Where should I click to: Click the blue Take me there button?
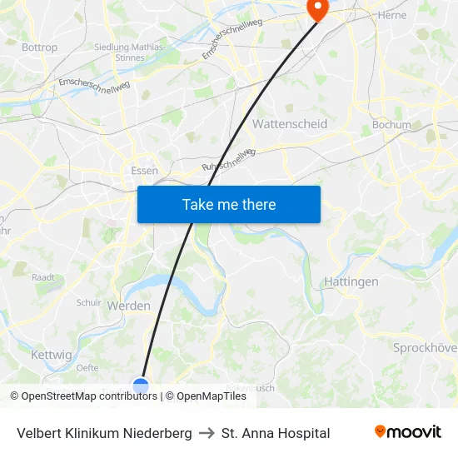tap(228, 204)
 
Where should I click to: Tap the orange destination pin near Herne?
tap(317, 8)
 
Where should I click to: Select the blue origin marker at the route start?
tap(141, 386)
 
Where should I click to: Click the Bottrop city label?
tap(39, 47)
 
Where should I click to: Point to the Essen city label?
tap(145, 171)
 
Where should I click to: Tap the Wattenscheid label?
tap(289, 124)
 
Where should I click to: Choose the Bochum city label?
tap(391, 125)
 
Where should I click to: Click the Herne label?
tap(392, 15)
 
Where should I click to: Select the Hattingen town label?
tap(351, 281)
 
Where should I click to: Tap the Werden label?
tap(129, 306)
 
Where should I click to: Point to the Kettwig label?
tap(52, 355)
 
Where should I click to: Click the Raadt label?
tap(43, 277)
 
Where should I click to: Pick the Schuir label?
tap(89, 303)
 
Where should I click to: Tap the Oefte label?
tap(87, 367)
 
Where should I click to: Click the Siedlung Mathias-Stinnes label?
tap(129, 52)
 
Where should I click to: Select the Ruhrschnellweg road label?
tap(227, 159)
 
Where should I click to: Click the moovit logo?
tap(408, 432)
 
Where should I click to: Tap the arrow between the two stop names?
tap(207, 433)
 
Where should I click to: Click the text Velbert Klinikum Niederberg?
tap(104, 433)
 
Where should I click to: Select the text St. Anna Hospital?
tap(276, 433)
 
